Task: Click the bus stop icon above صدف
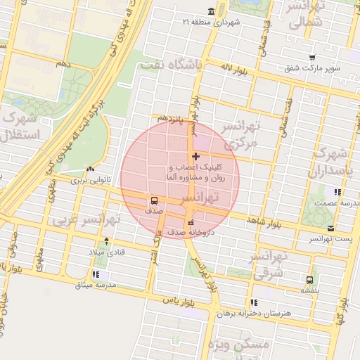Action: pyautogui.click(x=154, y=199)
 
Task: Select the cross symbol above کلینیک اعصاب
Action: pyautogui.click(x=195, y=155)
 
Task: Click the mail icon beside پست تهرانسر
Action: pyautogui.click(x=330, y=229)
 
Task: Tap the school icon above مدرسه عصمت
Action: pyautogui.click(x=337, y=191)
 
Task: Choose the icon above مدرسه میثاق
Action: pyautogui.click(x=96, y=274)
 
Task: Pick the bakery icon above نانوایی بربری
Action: pyautogui.click(x=90, y=169)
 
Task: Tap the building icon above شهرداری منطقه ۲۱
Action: pyautogui.click(x=221, y=11)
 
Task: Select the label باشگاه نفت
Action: pyautogui.click(x=171, y=64)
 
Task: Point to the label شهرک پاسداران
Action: pyautogui.click(x=329, y=162)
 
